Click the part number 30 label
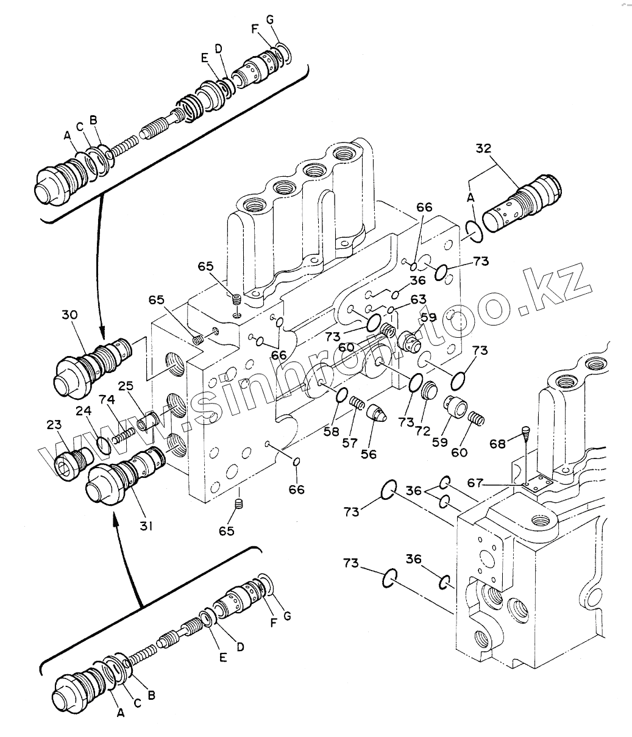69,315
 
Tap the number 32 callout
483,148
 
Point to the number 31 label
146,526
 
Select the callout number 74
107,400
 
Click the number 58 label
331,432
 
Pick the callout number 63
418,299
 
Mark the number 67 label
475,483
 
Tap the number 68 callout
497,444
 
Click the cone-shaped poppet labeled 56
377,413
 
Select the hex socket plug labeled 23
74,463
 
